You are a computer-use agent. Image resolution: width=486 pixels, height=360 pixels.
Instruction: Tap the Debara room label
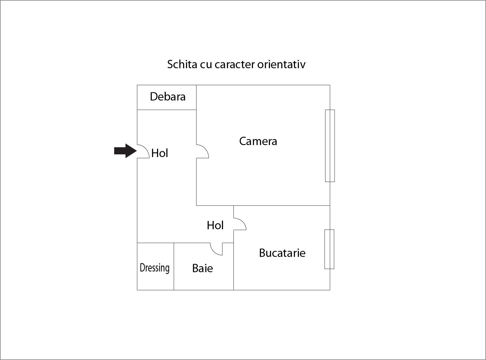[x=168, y=96]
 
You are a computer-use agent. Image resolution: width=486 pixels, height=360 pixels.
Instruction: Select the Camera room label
[x=258, y=141]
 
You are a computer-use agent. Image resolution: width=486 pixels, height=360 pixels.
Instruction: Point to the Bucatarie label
[x=282, y=253]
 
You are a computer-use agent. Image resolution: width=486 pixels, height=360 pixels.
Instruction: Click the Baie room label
[x=202, y=268]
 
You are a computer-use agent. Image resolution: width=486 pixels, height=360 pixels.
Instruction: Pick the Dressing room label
[x=155, y=268]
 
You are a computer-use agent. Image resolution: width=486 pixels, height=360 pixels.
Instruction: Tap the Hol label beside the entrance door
[x=159, y=153]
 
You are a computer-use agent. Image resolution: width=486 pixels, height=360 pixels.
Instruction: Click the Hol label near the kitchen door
[x=215, y=225]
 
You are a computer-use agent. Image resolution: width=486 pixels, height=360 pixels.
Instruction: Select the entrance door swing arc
[x=146, y=148]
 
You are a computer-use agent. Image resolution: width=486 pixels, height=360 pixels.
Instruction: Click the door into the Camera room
[x=205, y=148]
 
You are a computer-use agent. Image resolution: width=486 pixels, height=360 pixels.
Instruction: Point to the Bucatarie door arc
[x=243, y=221]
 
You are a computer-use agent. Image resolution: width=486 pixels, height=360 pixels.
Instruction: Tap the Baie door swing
[x=214, y=252]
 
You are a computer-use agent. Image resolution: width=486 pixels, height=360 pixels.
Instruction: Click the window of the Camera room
[x=330, y=146]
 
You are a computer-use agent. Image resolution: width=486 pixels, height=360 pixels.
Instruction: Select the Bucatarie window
[x=329, y=249]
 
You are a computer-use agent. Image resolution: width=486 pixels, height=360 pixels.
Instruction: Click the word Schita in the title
[x=182, y=64]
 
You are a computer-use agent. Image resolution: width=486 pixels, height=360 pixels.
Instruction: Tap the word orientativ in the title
[x=281, y=64]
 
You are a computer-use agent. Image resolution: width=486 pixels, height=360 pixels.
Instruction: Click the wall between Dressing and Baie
[x=174, y=267]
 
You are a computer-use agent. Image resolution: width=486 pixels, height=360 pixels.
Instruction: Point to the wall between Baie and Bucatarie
[x=234, y=267]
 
